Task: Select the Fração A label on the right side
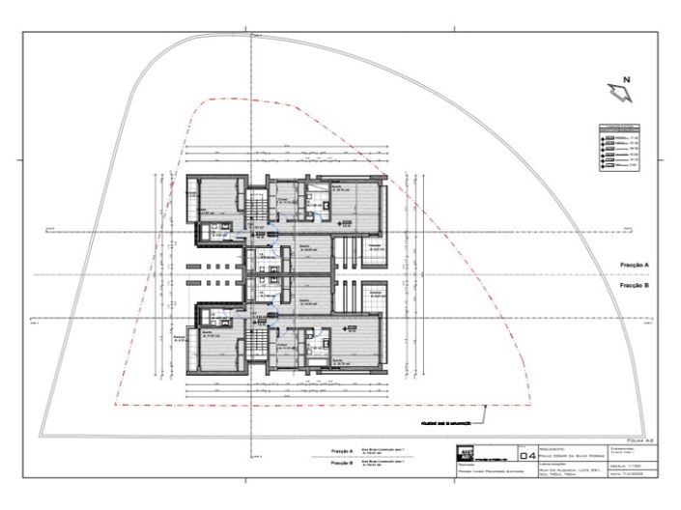[x=634, y=264]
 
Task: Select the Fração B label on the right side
[x=634, y=286]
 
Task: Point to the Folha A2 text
[x=640, y=439]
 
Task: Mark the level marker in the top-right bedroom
[x=340, y=222]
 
